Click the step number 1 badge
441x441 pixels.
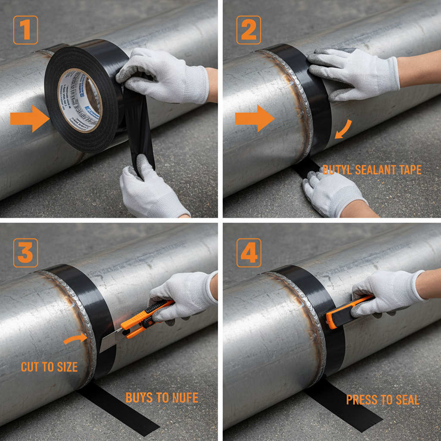tap(25, 30)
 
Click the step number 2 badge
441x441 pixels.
tap(248, 30)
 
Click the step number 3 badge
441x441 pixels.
tap(25, 253)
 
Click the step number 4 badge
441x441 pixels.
tap(248, 253)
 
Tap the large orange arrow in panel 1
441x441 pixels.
tap(29, 118)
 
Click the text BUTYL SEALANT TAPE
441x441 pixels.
tap(372, 170)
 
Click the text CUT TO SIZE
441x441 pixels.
tap(49, 367)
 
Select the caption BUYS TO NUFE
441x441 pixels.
tap(162, 398)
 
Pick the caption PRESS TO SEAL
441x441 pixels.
tap(382, 400)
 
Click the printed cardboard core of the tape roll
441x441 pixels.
tap(80, 100)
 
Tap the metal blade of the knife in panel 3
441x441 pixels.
tap(109, 342)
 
